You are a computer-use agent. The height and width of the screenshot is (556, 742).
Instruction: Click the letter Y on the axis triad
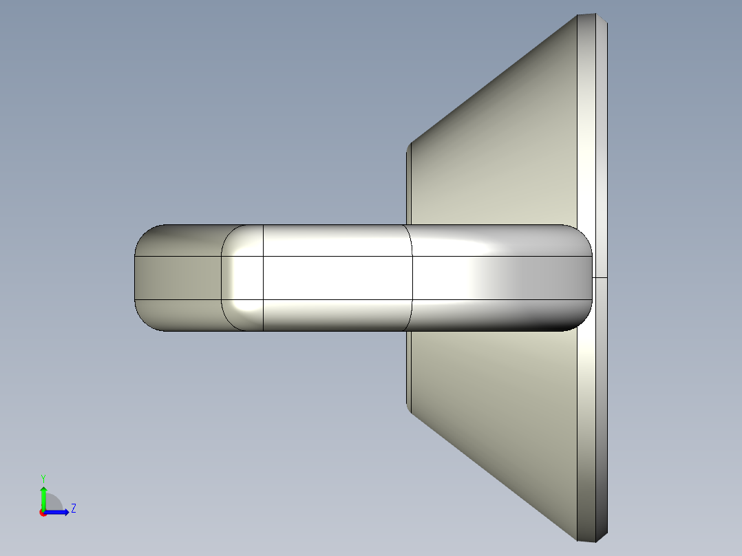click(x=43, y=478)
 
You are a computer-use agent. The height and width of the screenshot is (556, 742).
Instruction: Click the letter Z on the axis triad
click(x=73, y=509)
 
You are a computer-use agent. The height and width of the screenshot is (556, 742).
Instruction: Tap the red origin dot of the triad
click(x=43, y=513)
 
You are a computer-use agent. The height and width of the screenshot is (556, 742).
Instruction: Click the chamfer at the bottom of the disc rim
click(x=592, y=537)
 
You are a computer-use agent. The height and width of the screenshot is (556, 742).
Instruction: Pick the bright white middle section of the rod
click(x=337, y=277)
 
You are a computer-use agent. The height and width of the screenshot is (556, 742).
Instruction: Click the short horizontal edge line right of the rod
click(x=600, y=278)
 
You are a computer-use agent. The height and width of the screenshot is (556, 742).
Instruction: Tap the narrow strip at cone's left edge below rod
click(x=408, y=372)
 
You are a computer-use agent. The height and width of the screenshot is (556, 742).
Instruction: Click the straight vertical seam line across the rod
click(x=264, y=277)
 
